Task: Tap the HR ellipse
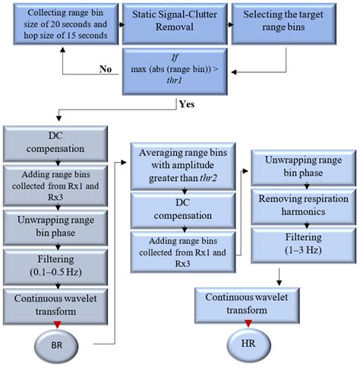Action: click(249, 344)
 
